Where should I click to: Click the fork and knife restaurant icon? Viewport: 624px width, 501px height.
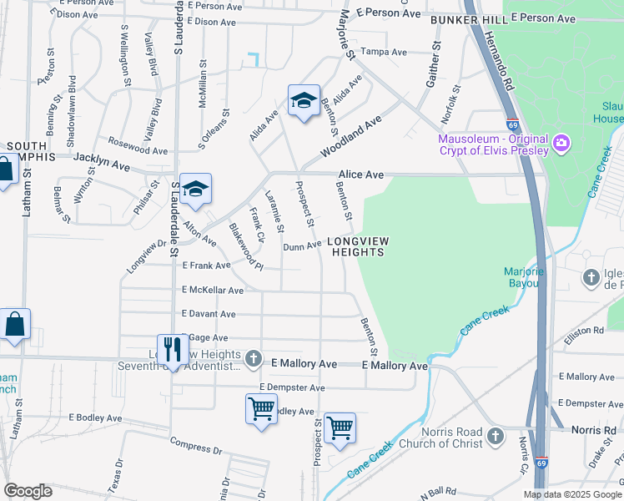(173, 349)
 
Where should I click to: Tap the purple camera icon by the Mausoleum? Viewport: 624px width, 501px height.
(561, 144)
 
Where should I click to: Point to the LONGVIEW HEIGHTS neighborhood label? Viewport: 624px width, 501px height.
(358, 248)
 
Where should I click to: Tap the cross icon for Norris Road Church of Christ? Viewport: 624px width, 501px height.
(496, 436)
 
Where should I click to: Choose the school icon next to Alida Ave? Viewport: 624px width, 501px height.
(304, 101)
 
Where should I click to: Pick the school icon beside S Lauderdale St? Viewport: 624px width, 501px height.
(195, 190)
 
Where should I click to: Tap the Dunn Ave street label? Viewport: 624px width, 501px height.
(301, 246)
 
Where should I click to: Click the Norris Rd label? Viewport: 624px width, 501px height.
(593, 429)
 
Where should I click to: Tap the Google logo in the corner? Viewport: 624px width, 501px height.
(28, 490)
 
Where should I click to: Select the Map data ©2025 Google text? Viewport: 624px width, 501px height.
(571, 494)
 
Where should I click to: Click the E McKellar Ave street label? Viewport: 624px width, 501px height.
(213, 291)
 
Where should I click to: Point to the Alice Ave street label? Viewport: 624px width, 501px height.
(360, 175)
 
